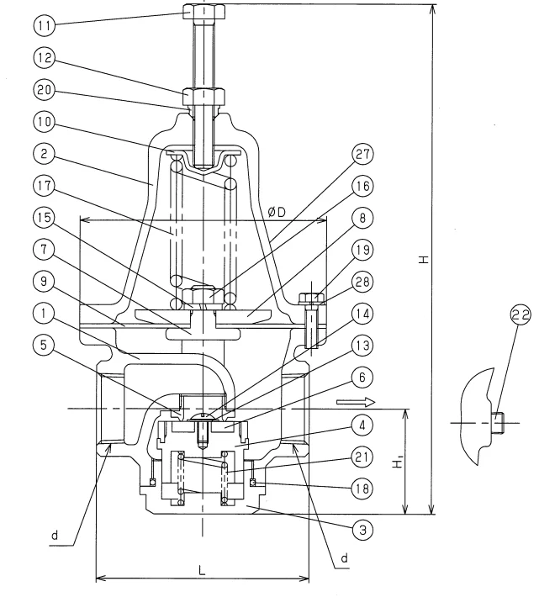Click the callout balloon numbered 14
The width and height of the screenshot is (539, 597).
(363, 313)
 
